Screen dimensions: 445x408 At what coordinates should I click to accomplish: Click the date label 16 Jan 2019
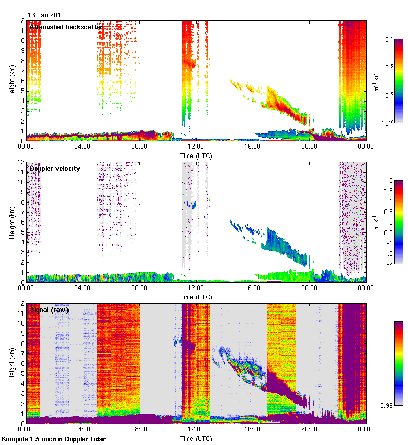tap(47, 15)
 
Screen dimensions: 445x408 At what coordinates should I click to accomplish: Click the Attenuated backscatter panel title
tap(66, 27)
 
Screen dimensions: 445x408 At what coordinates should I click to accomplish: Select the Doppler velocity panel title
tap(55, 168)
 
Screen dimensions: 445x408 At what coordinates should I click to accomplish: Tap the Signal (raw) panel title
tap(50, 309)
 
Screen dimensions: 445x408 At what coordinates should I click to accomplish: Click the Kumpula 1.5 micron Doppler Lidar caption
tap(53, 439)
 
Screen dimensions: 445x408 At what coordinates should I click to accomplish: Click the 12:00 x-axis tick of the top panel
tap(196, 147)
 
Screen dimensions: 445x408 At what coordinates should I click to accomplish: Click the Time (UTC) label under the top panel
tap(196, 156)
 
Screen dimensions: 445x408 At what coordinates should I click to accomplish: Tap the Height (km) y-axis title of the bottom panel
tap(12, 363)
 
